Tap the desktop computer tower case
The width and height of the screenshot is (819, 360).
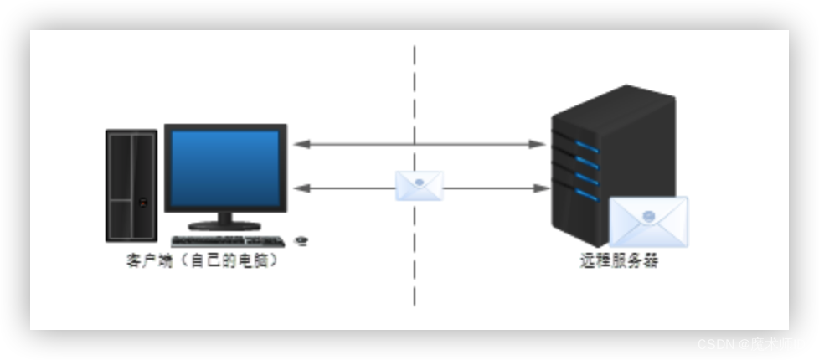click(131, 186)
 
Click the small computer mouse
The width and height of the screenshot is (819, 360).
click(301, 241)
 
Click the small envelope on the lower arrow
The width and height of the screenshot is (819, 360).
click(420, 185)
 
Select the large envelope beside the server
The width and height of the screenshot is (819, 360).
click(648, 222)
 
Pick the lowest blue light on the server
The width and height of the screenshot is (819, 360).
click(587, 195)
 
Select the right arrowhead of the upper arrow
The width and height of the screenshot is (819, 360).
click(539, 145)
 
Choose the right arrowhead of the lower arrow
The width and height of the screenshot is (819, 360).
click(539, 188)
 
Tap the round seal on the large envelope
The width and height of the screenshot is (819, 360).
click(648, 216)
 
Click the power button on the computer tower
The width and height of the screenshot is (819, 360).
click(143, 201)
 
